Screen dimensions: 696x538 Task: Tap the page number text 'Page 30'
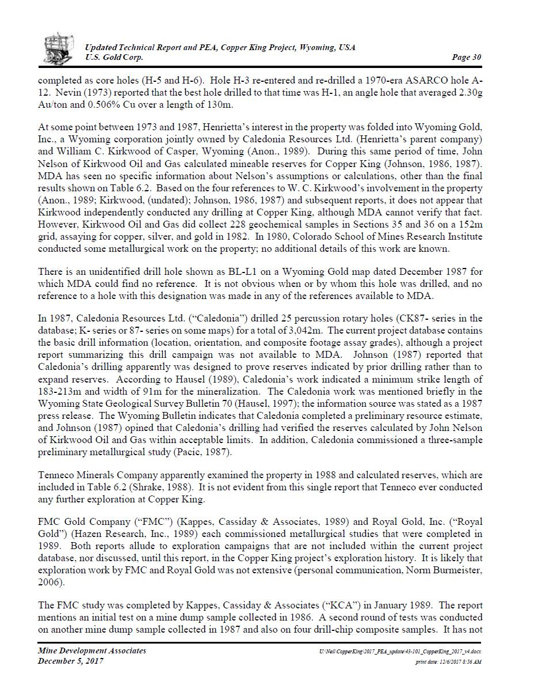(x=467, y=57)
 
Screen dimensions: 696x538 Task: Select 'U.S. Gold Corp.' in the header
(x=114, y=57)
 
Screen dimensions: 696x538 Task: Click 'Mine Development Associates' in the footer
(x=92, y=650)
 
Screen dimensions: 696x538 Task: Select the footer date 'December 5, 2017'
(x=71, y=661)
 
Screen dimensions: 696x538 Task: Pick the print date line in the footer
(x=448, y=662)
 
